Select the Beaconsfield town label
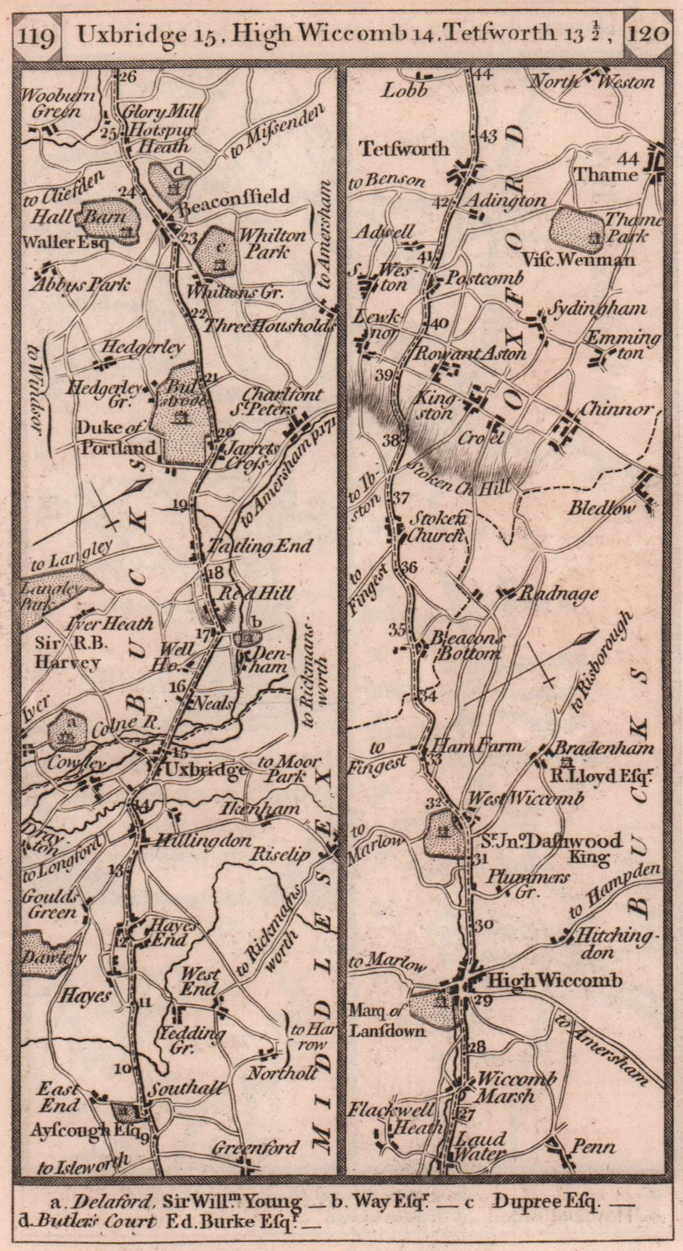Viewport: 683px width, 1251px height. coord(234,196)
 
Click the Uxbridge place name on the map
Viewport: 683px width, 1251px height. coord(207,769)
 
